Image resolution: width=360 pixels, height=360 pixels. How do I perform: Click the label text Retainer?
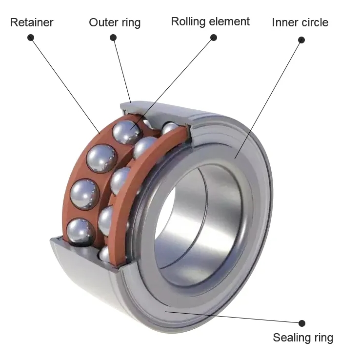pos(32,22)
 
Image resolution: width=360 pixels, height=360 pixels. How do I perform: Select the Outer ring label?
pos(115,22)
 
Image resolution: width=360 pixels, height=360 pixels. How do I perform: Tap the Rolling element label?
pos(210,22)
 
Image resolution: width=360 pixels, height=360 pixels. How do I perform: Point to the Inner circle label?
pos(300,22)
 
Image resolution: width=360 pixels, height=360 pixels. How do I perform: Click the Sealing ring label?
pos(303,338)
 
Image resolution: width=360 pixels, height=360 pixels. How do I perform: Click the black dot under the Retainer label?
pos(31,38)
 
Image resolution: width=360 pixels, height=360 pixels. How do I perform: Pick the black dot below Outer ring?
pos(113,38)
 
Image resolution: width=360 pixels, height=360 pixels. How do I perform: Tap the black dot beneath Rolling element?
pos(213,38)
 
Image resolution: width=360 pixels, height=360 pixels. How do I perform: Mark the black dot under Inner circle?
pos(301,40)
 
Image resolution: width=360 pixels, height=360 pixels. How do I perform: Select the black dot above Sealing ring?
pos(302,323)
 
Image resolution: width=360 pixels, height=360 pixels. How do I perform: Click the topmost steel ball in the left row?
pos(126,132)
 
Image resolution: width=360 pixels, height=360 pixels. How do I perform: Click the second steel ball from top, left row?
pos(102,159)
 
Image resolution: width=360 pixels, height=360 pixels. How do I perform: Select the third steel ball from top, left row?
pos(85,194)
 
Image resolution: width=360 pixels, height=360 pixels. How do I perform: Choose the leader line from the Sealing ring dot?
pos(234,317)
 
